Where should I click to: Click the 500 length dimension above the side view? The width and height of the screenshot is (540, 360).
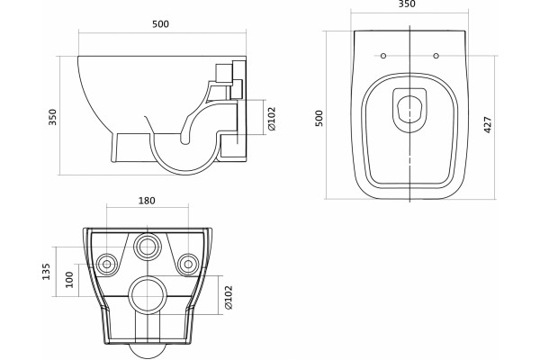pos(160,24)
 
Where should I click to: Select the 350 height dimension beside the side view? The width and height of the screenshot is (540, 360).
pos(52,117)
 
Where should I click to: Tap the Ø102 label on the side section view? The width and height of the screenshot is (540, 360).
pos(272,119)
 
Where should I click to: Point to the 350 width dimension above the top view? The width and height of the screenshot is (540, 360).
pos(407,4)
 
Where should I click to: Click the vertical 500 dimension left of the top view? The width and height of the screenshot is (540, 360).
pos(319,118)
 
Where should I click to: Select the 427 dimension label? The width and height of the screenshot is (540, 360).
pos(488,125)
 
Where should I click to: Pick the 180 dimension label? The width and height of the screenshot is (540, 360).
pos(147,201)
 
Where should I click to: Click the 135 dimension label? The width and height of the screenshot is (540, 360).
pos(46,272)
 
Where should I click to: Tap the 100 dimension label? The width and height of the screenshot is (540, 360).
pos(69,279)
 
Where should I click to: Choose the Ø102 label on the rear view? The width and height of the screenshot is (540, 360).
pos(229,297)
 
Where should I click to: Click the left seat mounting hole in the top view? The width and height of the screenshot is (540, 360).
pos(383,56)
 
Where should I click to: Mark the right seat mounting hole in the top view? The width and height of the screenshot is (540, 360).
pos(436,56)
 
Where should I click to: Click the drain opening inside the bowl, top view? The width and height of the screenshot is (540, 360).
pos(409,109)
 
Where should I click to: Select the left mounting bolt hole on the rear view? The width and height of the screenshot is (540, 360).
pos(107,265)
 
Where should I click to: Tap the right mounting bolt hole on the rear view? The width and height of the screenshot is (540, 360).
pos(188,265)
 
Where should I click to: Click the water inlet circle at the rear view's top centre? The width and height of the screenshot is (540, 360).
pos(148,247)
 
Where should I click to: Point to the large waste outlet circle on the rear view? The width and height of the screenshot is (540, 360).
pos(148,295)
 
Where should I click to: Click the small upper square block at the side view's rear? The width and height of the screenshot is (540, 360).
pos(223,73)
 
